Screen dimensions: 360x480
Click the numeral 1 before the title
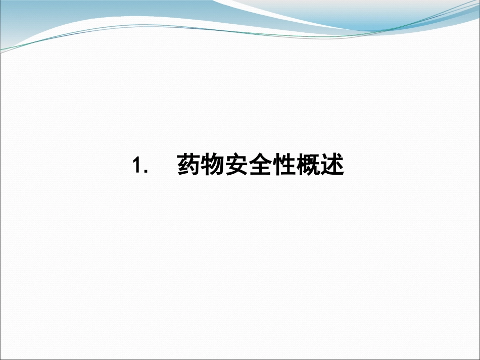136,166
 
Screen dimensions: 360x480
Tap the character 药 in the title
188,165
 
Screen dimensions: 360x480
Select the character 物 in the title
212,165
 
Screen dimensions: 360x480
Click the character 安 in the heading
236,165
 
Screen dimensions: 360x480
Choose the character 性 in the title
284,165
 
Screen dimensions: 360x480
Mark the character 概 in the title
308,165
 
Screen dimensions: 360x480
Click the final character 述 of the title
332,165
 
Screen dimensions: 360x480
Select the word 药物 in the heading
200,165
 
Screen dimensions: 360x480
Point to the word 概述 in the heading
320,165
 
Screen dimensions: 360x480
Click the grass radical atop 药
188,157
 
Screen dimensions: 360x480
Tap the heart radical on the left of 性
276,166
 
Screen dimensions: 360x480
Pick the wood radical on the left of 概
300,166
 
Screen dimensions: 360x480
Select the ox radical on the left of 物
205,166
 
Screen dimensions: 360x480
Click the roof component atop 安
236,158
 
